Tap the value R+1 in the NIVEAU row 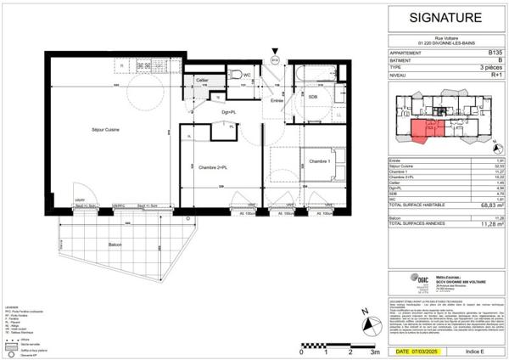coord(495,75)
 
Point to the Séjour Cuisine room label coord(106,129)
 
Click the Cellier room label coord(203,81)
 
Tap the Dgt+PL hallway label coord(228,112)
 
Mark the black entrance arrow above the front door coord(275,50)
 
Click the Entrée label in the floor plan coord(277,100)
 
